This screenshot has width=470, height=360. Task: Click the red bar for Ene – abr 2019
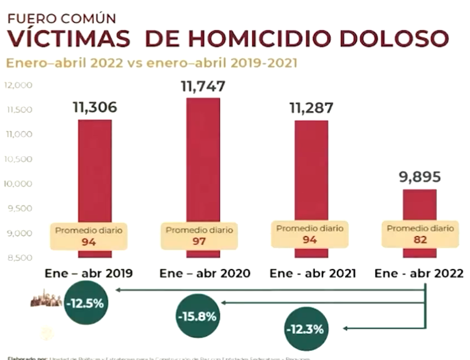pos(94,172)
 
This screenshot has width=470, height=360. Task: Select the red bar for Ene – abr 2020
pos(203,161)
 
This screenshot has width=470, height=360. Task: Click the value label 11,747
pos(203,86)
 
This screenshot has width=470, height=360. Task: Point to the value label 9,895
pos(420,177)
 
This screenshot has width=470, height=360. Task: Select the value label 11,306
pos(95,107)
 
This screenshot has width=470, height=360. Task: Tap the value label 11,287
pos(311,107)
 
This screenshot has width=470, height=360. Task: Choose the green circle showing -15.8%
pos(197,317)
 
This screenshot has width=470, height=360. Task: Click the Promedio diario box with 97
pos(200,236)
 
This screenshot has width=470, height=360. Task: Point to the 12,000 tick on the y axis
pos(19,85)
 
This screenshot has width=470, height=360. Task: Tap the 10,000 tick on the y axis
pos(19,184)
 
